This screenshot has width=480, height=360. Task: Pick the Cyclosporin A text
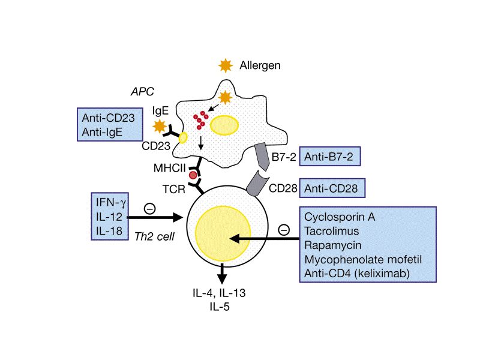tap(340, 217)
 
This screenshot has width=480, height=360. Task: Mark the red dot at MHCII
tap(193, 175)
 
